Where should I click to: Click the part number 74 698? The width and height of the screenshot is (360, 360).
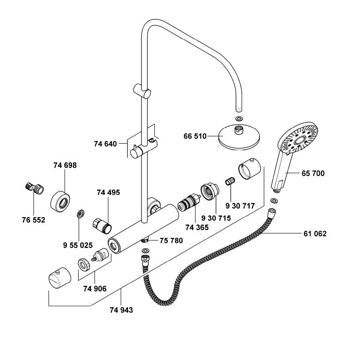point(65,165)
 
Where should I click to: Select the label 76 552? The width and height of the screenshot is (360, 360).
point(34,220)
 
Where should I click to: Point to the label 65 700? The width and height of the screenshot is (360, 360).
point(313,174)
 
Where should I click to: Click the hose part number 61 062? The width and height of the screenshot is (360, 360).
point(315,234)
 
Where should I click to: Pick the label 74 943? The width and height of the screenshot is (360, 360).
point(121,310)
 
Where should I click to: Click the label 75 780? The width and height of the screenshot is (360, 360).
point(171,240)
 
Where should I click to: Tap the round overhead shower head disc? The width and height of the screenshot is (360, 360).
point(239,137)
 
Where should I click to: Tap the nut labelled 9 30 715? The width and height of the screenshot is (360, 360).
point(209,191)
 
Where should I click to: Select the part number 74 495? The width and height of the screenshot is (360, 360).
point(108,193)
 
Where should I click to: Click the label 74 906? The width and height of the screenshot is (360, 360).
point(95,288)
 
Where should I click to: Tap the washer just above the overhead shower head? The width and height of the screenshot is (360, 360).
point(238,119)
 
